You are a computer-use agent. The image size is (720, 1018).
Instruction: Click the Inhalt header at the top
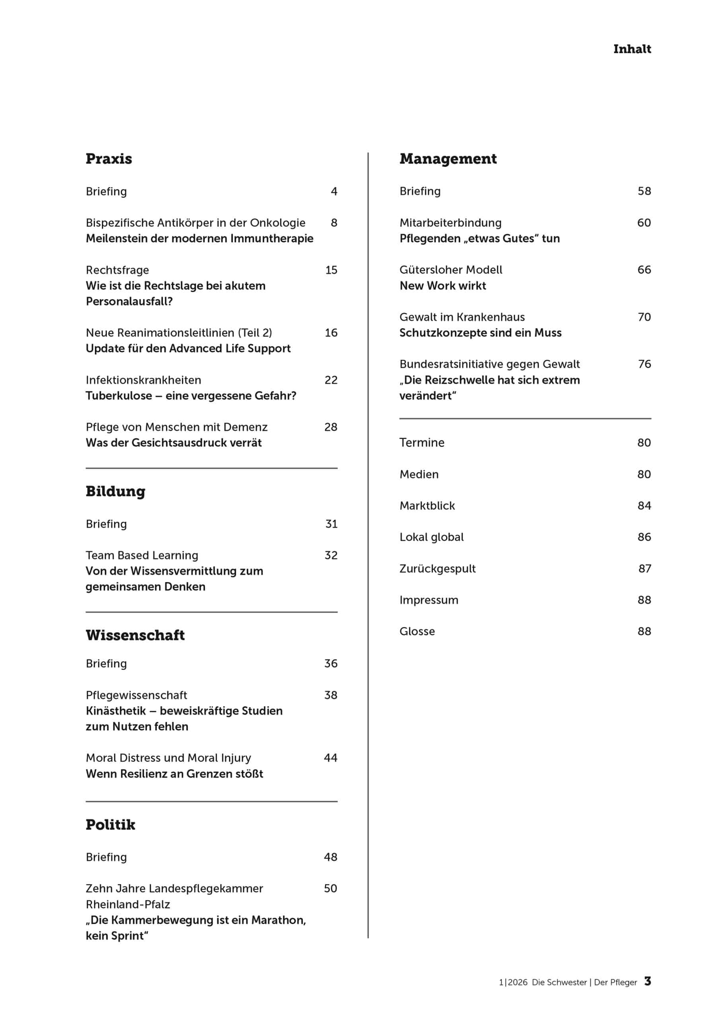[x=632, y=49]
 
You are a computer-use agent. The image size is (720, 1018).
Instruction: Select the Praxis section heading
[x=109, y=159]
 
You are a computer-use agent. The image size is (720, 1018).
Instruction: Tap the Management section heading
[x=448, y=159]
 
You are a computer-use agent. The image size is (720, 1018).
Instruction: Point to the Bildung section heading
[x=115, y=491]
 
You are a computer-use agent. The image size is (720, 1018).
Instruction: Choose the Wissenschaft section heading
[x=135, y=635]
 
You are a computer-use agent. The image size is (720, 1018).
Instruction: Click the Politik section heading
[x=111, y=825]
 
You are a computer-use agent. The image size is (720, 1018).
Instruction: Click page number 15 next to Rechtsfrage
[x=331, y=270]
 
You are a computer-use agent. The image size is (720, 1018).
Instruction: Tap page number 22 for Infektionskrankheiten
[x=331, y=380]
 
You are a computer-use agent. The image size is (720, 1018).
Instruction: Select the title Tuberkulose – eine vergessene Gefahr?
[x=191, y=396]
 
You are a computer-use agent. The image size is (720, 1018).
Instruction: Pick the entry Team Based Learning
[x=142, y=555]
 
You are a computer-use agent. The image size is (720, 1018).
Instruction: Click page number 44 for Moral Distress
[x=331, y=758]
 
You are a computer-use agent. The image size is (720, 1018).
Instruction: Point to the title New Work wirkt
[x=443, y=286]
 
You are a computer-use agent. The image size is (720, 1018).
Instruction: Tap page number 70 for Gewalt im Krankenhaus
[x=644, y=317]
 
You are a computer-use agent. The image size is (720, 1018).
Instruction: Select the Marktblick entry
[x=427, y=505]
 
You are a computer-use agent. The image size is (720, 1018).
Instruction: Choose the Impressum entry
[x=429, y=600]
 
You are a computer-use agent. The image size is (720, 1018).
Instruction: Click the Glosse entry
[x=417, y=631]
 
